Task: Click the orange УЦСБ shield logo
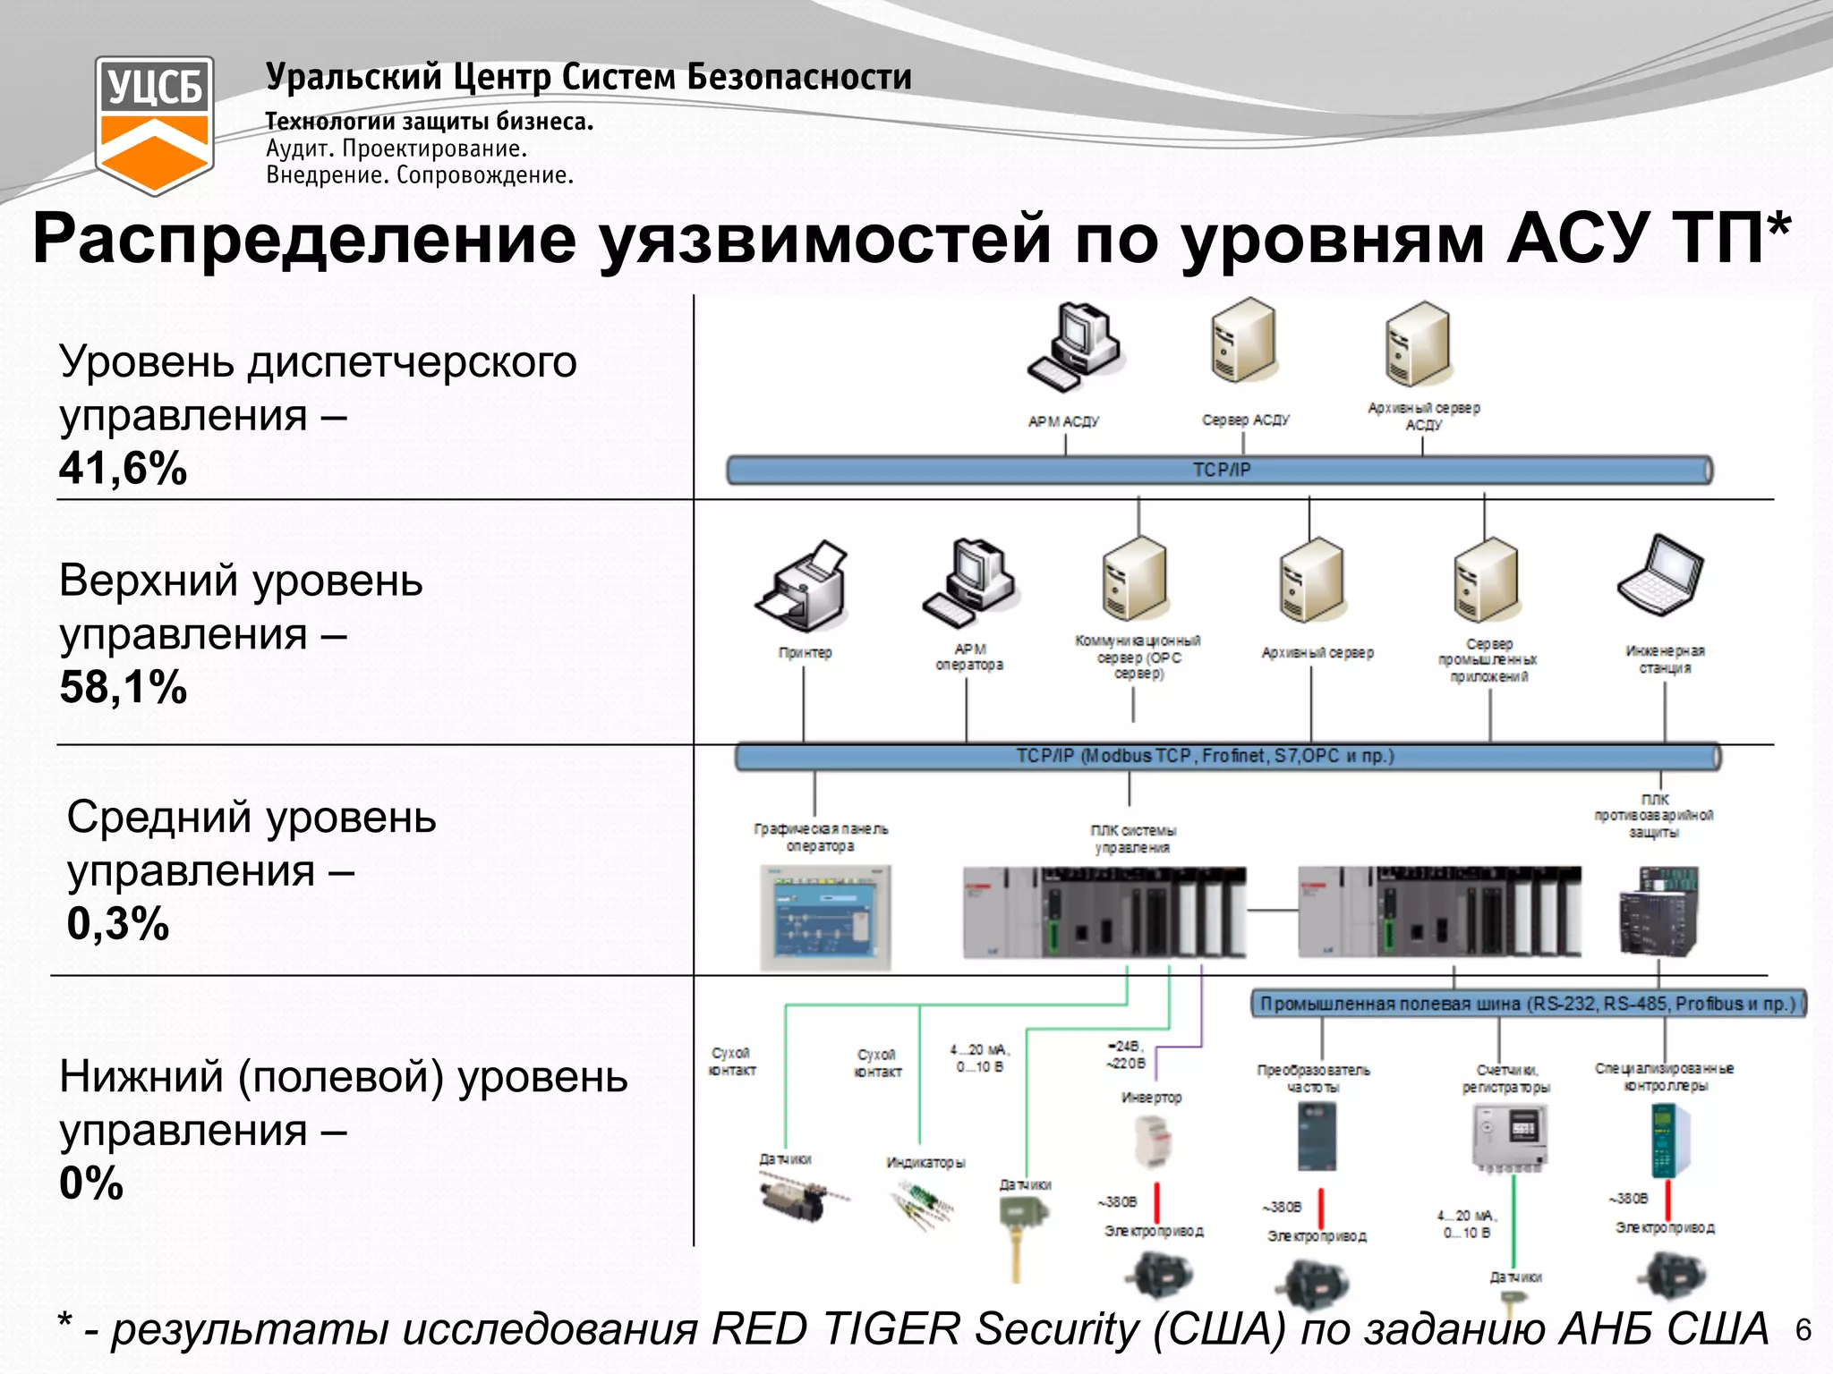[154, 125]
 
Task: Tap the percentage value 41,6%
[123, 468]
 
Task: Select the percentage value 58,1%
[123, 687]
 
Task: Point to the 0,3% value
[117, 923]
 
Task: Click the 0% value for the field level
[90, 1183]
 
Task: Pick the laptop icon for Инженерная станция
[1660, 574]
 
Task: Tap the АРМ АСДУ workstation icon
[1074, 347]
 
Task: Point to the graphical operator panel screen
[825, 917]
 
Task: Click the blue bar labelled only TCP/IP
[1219, 470]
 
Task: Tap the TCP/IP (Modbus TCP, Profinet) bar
[1226, 757]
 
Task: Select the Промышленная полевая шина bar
[1527, 1004]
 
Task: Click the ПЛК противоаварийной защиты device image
[1658, 911]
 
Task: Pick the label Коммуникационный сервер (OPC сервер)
[1138, 657]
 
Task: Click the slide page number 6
[1803, 1330]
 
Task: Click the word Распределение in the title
[304, 239]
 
